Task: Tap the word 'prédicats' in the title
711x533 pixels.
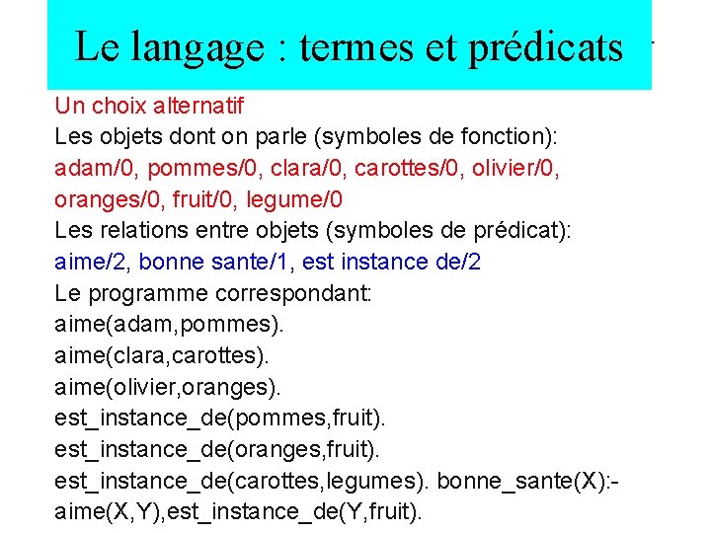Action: (546, 46)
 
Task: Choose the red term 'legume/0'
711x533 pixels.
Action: (295, 199)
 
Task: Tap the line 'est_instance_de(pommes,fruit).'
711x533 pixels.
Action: (217, 420)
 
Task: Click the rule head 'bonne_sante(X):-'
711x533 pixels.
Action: (527, 484)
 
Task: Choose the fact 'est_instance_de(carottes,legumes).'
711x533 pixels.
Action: (241, 484)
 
